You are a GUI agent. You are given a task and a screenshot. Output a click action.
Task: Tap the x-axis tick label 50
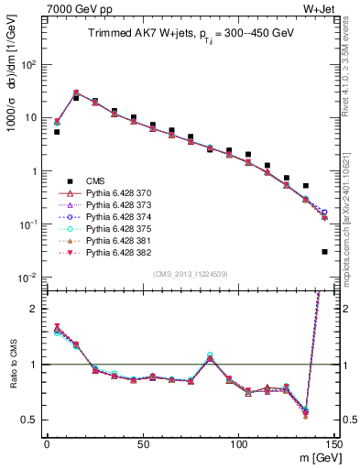point(142,444)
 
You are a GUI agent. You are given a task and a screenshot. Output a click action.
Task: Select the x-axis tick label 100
point(238,444)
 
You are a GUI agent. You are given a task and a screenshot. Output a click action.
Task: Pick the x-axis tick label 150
point(333,444)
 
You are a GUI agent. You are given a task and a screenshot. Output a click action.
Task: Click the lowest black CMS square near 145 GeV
point(325,251)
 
